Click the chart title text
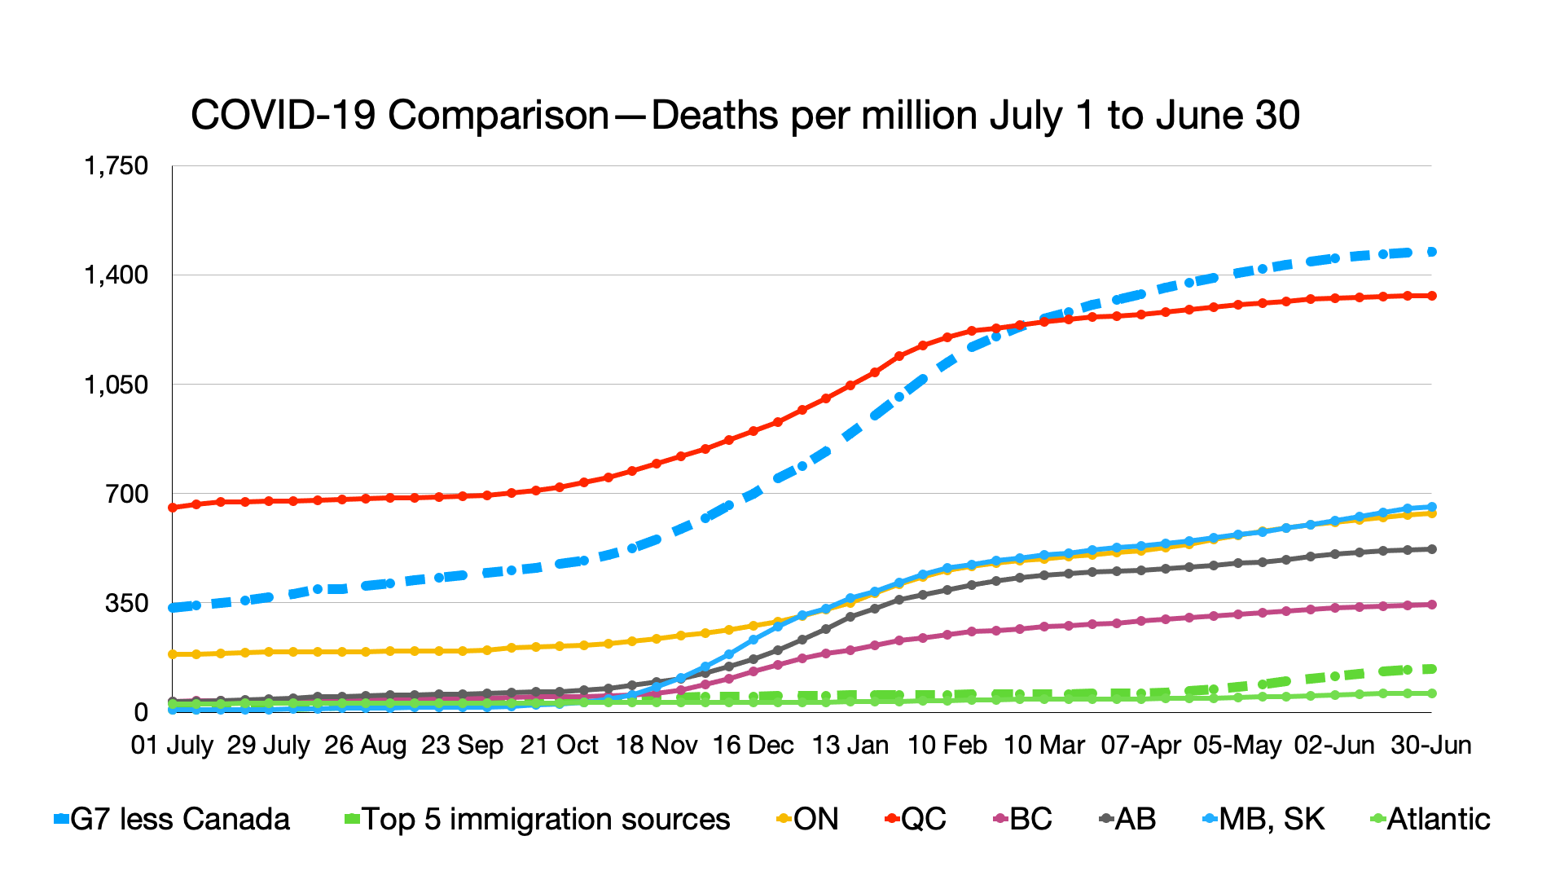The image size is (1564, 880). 745,116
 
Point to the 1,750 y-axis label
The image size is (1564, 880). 116,166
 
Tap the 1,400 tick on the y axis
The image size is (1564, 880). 116,275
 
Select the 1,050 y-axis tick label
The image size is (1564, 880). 116,385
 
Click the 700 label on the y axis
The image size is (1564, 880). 127,494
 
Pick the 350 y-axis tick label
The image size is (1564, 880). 127,603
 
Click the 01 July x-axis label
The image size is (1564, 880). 172,745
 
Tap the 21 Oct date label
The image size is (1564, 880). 559,745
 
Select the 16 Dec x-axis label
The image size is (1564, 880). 753,745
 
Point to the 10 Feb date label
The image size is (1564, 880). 947,745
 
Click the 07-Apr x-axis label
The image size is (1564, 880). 1140,745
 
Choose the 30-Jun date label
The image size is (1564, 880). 1431,745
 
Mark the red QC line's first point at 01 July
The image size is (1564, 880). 173,508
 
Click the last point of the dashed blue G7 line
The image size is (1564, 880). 1431,252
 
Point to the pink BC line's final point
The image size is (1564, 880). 1431,605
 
